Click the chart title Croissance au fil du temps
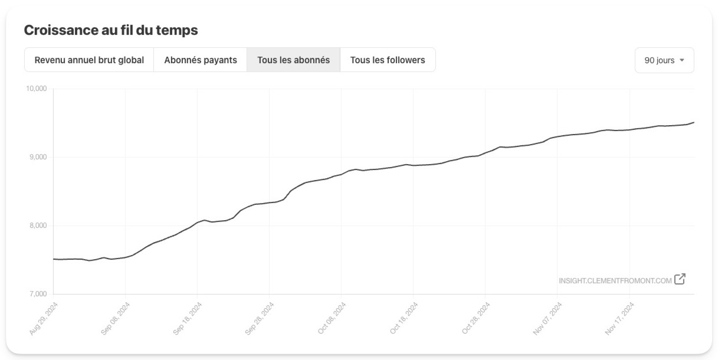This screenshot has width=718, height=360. coord(111,31)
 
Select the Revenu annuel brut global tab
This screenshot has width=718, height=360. coord(89,60)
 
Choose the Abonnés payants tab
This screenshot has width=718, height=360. coord(201,60)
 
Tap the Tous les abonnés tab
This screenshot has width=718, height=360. coord(293,60)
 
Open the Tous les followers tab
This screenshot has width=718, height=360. coord(388,60)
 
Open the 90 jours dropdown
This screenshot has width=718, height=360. coord(664,60)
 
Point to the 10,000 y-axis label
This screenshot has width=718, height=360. coord(36,89)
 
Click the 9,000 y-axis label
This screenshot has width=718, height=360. coord(38,157)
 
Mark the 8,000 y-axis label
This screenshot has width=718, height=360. coord(38,225)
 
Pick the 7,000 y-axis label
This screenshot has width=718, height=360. coord(38,294)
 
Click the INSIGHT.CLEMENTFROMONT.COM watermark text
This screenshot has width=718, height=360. coord(615,280)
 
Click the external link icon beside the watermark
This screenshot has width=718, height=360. coord(680,279)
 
